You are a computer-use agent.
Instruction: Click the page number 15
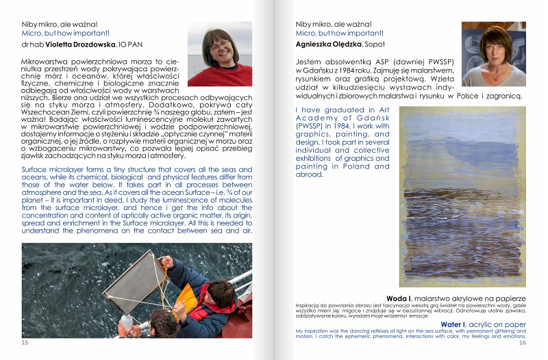25,342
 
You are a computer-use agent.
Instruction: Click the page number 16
522,342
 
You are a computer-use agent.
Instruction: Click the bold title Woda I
399,298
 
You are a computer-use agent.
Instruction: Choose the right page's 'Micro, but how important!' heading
340,32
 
